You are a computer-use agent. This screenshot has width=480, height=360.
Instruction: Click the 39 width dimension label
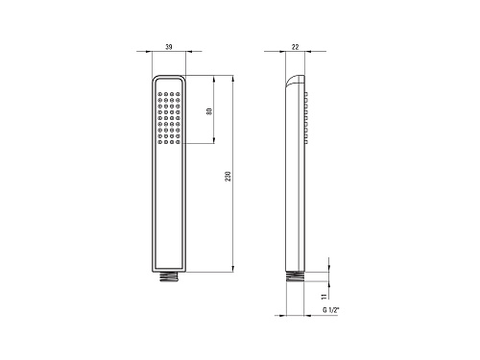[x=169, y=47]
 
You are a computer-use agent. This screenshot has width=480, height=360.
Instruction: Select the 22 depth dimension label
[x=295, y=47]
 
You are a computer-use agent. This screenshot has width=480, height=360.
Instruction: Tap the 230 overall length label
[x=228, y=177]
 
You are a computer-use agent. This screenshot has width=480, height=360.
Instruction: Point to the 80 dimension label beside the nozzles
[x=209, y=111]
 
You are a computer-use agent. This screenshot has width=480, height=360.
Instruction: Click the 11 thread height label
[x=324, y=297]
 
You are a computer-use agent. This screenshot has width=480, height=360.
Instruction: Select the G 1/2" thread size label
[x=331, y=310]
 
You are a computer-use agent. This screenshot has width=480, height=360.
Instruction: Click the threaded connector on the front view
[x=169, y=277]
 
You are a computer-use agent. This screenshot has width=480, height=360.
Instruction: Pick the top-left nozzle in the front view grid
[x=160, y=94]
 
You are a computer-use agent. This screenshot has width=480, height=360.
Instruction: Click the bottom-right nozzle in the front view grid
[x=178, y=142]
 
